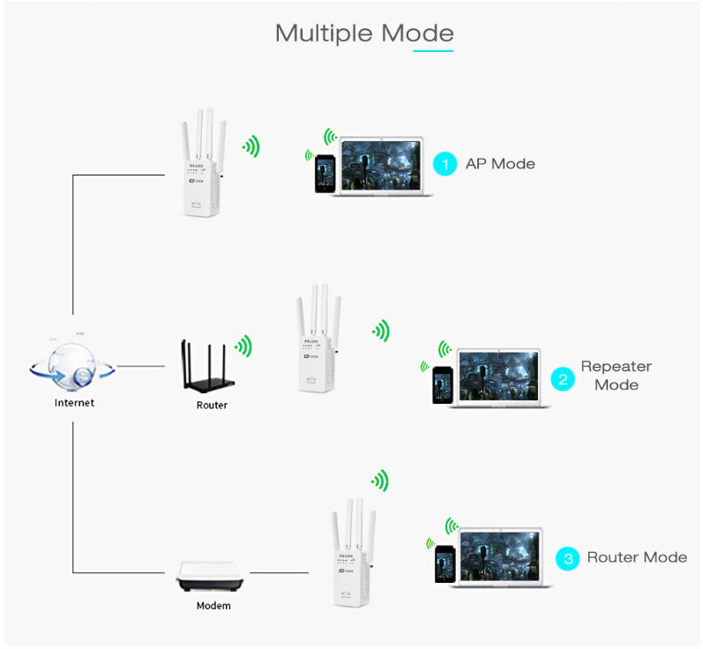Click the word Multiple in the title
[324, 34]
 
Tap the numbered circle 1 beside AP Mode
[445, 163]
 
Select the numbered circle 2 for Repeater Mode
[562, 379]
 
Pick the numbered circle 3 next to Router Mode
[567, 558]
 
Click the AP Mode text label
[500, 163]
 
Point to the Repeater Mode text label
[616, 376]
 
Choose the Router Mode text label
[636, 557]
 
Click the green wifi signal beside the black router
[243, 346]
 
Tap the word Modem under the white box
[213, 606]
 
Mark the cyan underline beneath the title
[433, 50]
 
